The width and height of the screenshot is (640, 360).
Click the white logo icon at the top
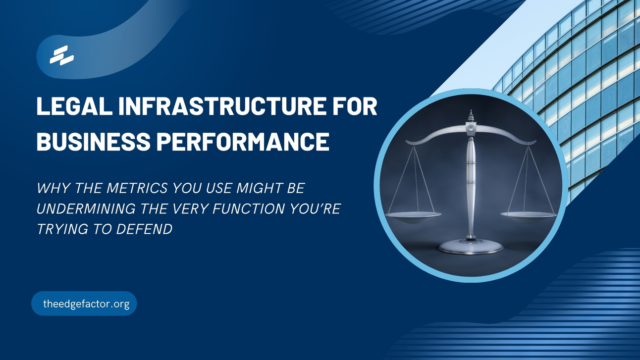[x=61, y=55]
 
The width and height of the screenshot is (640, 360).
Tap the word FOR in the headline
[x=355, y=107]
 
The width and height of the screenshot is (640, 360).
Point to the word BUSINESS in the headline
[x=93, y=142]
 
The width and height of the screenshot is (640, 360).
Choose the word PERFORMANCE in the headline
[x=243, y=142]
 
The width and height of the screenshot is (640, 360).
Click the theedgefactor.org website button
[x=84, y=304]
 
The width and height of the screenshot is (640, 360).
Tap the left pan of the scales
[x=414, y=215]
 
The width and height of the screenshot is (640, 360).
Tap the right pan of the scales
[x=529, y=214]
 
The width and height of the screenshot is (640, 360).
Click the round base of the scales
[x=471, y=246]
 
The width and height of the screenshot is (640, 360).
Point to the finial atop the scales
[x=471, y=116]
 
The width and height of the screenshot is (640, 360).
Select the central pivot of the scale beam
[x=471, y=128]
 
